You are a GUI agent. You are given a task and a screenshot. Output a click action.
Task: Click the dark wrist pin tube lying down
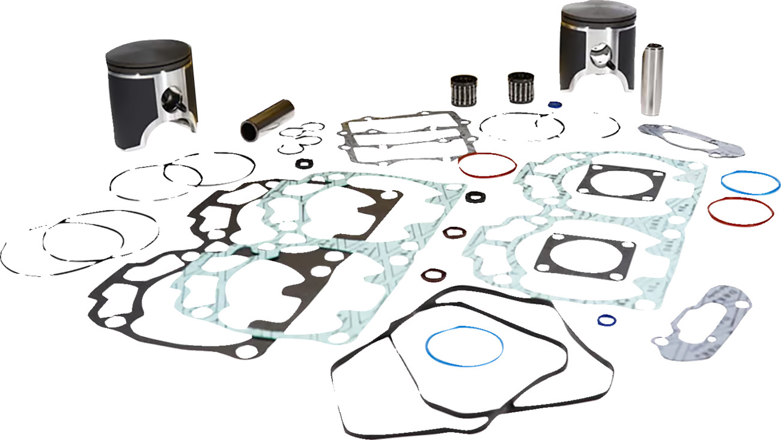tap(267, 119)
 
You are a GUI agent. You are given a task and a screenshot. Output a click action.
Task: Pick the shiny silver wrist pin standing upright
tap(651, 79)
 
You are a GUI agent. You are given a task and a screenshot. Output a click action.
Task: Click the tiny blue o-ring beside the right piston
tap(553, 104)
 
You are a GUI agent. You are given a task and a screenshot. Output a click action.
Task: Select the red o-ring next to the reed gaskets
tap(487, 164)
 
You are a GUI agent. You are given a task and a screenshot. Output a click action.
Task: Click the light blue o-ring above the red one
tap(749, 182)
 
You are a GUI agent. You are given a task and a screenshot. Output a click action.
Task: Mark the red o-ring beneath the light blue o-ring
tap(740, 211)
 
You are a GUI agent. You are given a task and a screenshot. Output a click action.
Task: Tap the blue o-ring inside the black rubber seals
tap(464, 346)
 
